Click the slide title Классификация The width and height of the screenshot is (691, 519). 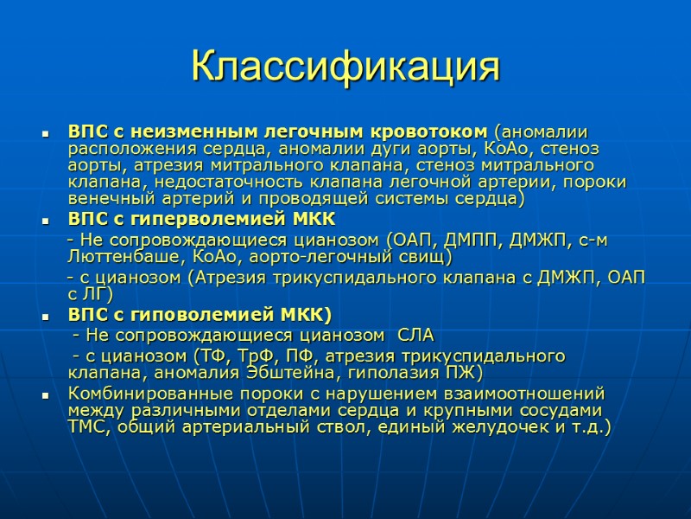click(x=345, y=67)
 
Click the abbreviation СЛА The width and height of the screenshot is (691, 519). click(x=416, y=335)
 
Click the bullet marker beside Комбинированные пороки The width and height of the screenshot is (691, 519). click(x=44, y=394)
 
